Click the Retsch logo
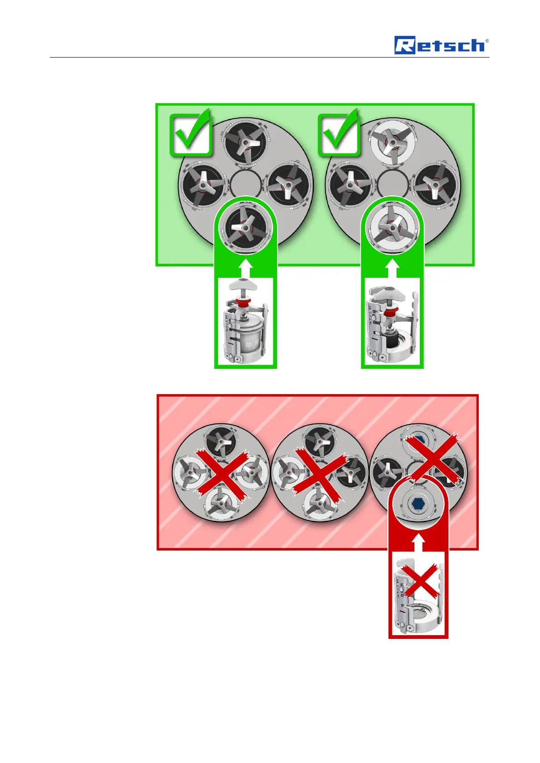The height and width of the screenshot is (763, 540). [x=441, y=45]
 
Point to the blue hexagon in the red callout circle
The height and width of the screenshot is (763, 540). [x=418, y=504]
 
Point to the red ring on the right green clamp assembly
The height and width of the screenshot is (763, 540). [x=389, y=314]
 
